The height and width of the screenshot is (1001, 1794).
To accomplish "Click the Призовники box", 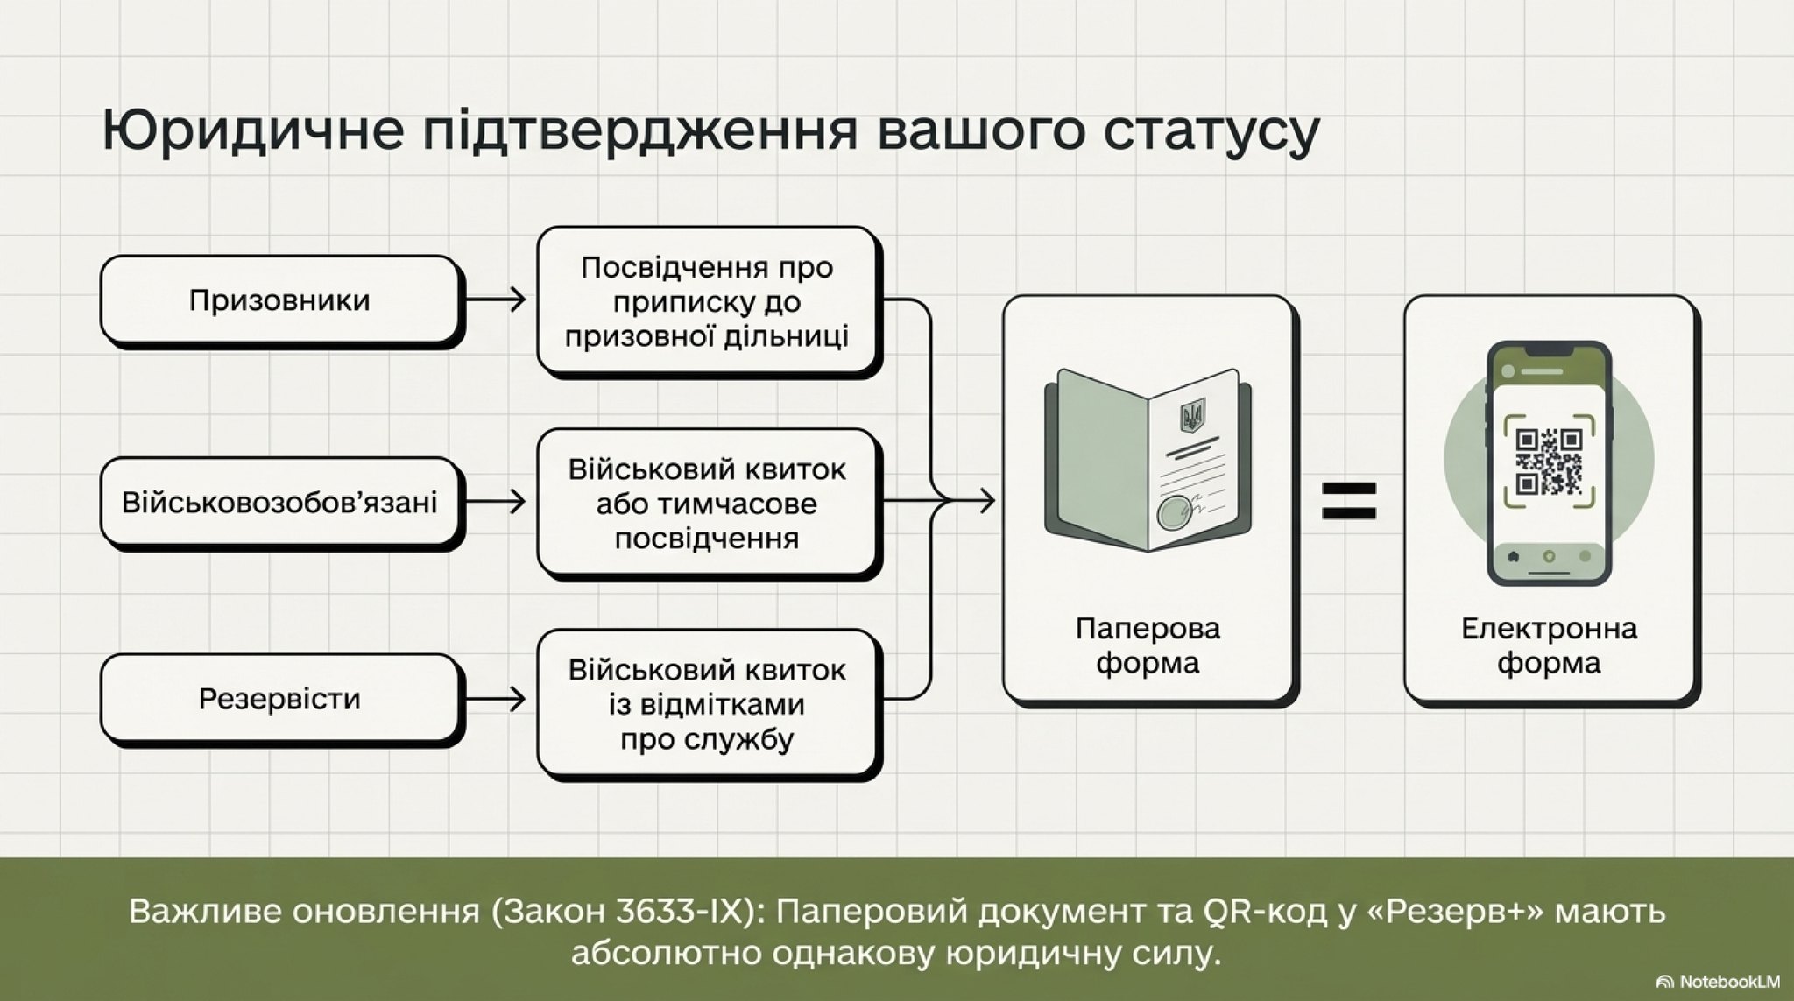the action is tap(280, 300).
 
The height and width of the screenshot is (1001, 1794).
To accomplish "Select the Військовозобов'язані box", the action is tap(280, 503).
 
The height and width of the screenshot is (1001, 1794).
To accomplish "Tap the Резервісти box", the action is tap(280, 700).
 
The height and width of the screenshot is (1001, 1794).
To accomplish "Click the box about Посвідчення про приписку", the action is tap(708, 302).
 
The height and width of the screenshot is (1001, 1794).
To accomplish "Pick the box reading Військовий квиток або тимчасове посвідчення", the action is tap(708, 504).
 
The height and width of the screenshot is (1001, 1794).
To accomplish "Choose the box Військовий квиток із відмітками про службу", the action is tap(708, 705).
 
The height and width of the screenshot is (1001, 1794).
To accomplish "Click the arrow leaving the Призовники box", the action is tap(494, 300).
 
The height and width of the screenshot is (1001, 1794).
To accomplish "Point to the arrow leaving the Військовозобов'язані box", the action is tap(494, 502).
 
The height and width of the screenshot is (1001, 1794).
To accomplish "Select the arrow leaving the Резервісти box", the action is tap(494, 699).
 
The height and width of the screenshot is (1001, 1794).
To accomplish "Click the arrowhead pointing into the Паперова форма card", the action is tap(987, 502).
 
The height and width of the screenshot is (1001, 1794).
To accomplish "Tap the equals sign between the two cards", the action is tap(1349, 501).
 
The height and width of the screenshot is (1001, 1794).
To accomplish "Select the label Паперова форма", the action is tap(1148, 645).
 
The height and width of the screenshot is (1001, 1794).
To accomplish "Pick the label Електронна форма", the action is tap(1549, 645).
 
